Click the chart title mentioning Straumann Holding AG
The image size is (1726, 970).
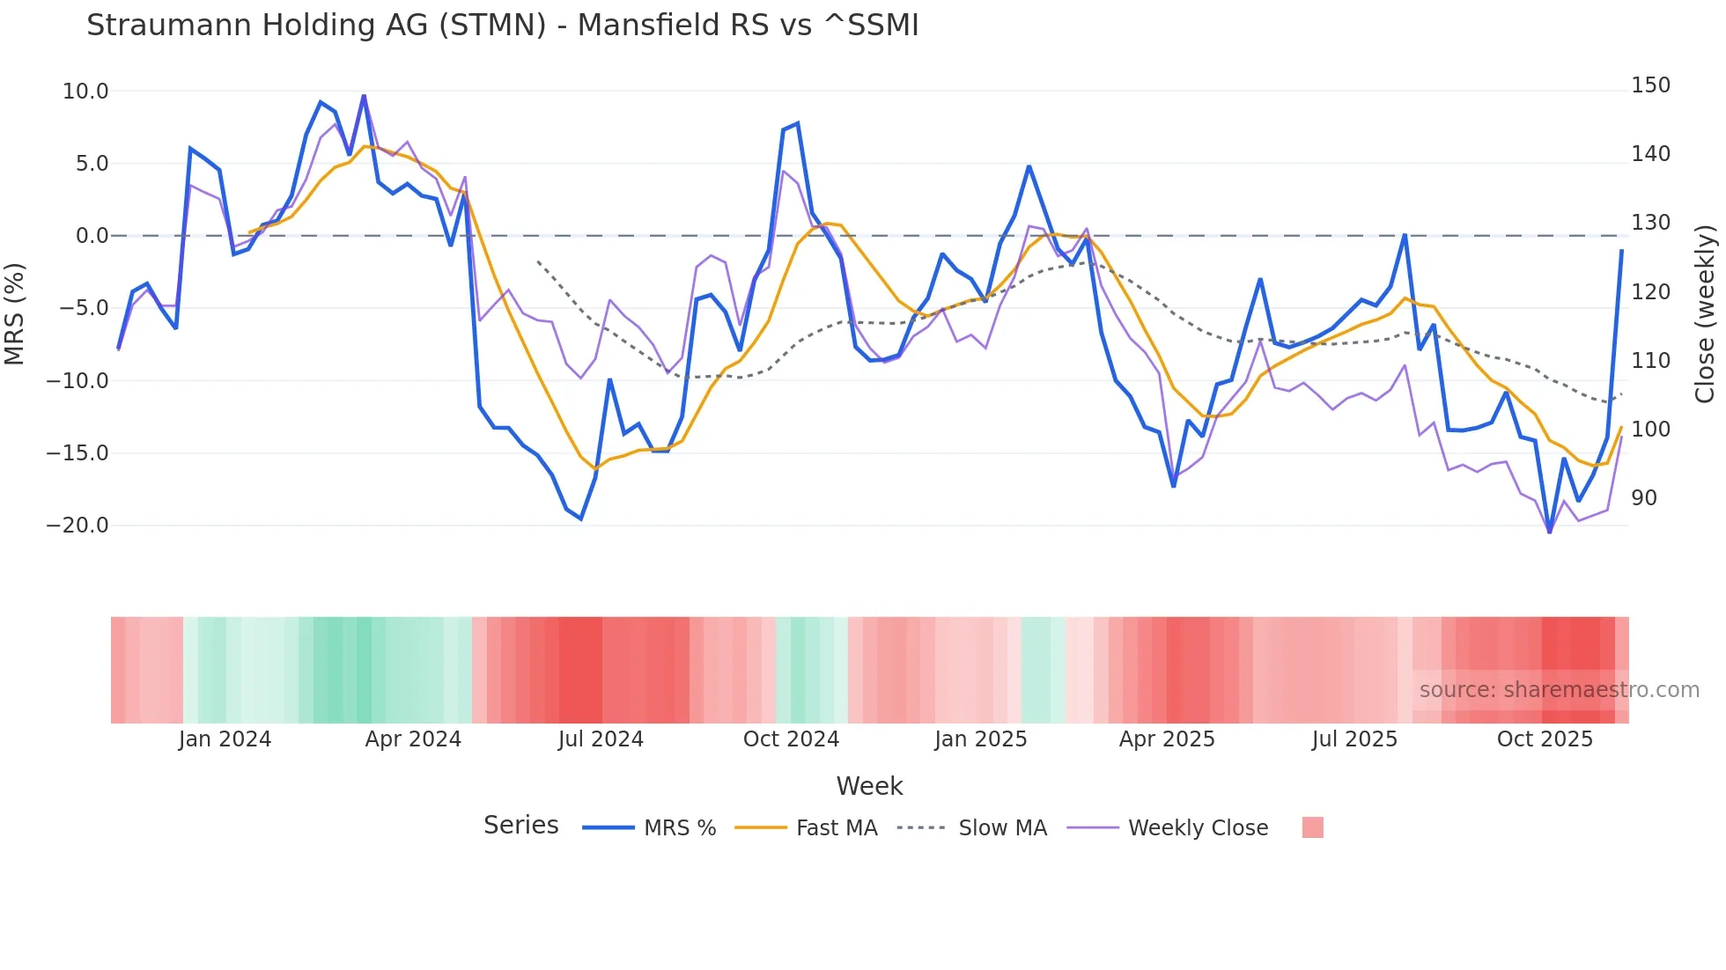tap(502, 26)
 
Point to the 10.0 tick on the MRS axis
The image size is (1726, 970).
tap(85, 92)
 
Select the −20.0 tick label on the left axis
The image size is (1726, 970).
tap(77, 525)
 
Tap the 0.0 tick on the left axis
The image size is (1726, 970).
tap(92, 236)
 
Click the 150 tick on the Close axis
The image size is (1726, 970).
tap(1650, 85)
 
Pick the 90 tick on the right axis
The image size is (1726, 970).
tap(1644, 498)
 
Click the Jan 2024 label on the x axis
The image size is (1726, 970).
tap(225, 739)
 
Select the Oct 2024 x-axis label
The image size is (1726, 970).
tap(791, 739)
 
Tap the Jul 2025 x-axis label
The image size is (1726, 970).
tap(1354, 739)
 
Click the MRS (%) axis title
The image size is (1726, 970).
tap(14, 313)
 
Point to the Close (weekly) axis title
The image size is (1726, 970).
tap(1705, 313)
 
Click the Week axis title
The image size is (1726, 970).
tap(869, 786)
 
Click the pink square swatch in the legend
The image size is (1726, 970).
tap(1312, 827)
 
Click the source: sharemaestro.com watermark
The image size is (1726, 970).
tap(1559, 690)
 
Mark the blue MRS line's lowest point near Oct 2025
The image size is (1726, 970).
tap(1550, 532)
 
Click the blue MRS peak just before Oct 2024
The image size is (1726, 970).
tap(797, 124)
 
